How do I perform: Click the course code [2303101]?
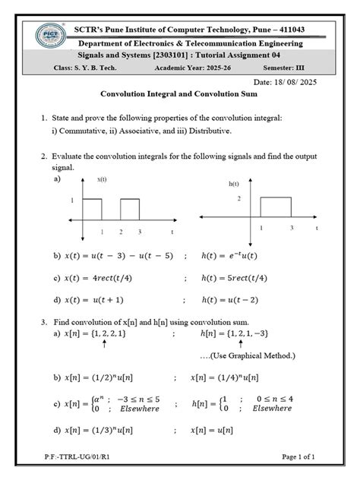[x=178, y=55]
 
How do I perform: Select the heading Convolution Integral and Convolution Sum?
[x=178, y=93]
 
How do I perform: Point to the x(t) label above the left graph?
[x=102, y=179]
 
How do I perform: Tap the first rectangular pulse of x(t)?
[x=92, y=210]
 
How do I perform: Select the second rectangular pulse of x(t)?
[x=130, y=210]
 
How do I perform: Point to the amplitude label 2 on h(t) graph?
[x=238, y=198]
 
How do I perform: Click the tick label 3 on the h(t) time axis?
[x=291, y=228]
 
